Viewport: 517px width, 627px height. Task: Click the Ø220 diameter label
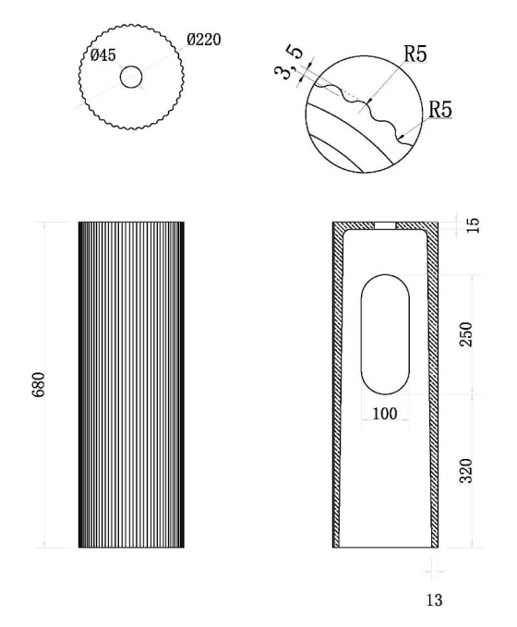pos(203,40)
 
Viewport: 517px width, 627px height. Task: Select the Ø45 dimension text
pos(103,55)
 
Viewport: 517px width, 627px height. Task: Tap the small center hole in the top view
pos(131,77)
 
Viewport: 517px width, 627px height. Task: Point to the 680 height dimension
pos(39,384)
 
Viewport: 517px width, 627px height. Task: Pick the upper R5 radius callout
pos(415,54)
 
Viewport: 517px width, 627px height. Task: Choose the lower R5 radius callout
pos(440,109)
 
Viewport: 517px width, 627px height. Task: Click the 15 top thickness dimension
pos(472,225)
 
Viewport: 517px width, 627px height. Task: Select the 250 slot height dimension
pos(466,334)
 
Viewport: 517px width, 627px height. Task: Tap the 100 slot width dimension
pos(385,414)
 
